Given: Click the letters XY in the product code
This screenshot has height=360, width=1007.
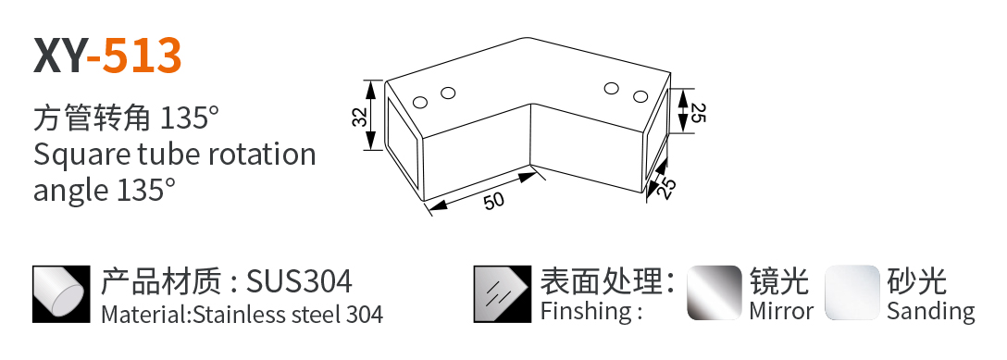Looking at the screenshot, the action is point(59,56).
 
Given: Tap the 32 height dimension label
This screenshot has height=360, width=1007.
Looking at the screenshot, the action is point(360,116).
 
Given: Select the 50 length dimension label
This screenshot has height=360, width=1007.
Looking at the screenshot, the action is point(494,201).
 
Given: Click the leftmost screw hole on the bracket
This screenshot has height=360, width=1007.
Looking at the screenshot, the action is point(420,102).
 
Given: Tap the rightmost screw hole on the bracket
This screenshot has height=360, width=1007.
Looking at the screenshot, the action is point(639,97).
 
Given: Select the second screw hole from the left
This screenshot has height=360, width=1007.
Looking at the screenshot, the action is point(448,93).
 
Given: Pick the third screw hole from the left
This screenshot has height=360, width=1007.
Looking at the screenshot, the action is point(611,88).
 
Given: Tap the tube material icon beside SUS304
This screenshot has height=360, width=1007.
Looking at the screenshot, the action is point(62,294).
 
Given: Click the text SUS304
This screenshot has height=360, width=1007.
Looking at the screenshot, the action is point(299,281).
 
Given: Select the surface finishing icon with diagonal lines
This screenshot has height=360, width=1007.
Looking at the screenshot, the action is point(503,294).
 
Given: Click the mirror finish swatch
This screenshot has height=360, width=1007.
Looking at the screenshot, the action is point(715,292).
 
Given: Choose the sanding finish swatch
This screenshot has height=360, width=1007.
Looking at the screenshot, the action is point(852,292).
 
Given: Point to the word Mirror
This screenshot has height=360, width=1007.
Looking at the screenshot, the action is point(781,311).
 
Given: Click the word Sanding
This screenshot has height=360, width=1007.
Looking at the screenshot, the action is point(930,312).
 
